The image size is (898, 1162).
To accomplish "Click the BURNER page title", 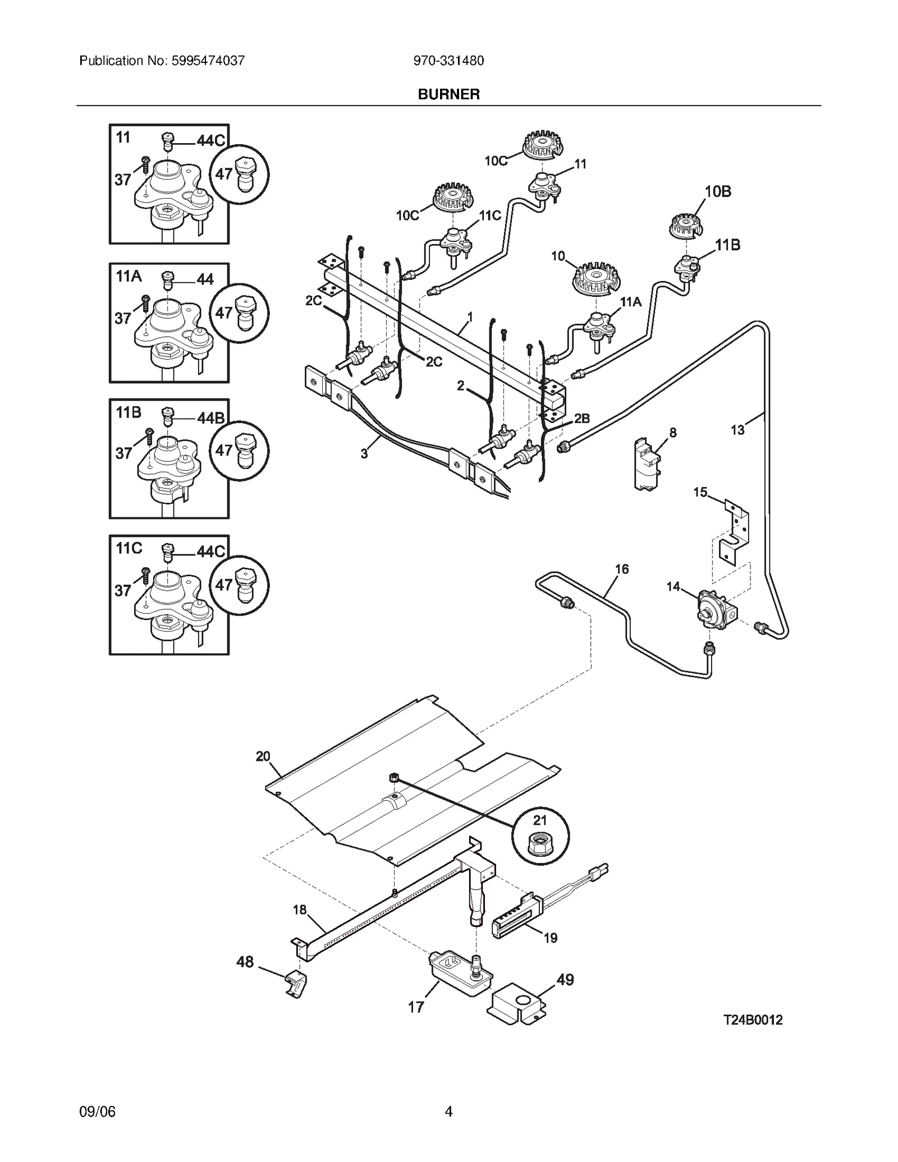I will tap(448, 94).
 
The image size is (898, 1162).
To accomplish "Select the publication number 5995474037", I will tap(162, 61).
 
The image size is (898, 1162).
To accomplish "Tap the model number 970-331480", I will tap(448, 61).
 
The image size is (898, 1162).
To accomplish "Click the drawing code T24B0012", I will tap(753, 1020).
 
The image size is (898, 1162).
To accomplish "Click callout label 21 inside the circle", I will tap(539, 820).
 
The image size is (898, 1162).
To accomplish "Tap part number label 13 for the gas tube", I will tap(737, 430).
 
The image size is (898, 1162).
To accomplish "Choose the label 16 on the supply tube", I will tap(622, 569).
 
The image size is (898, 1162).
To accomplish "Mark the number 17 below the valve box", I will tap(415, 1008).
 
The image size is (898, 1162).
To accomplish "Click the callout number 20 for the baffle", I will tap(263, 756).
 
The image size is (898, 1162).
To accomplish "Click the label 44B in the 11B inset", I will tap(210, 418).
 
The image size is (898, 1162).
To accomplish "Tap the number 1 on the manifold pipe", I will tap(470, 318).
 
